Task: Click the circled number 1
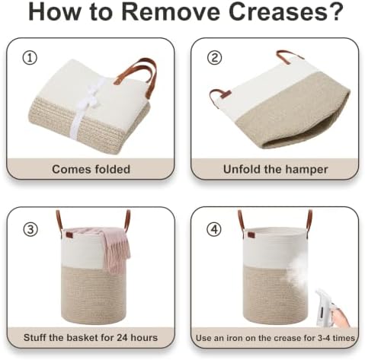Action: pos(30,58)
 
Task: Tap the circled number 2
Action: pos(215,58)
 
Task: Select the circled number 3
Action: pos(30,230)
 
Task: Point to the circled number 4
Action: pos(215,229)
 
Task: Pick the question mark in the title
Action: pos(337,11)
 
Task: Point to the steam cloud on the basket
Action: pos(296,276)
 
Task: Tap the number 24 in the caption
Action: pos(122,338)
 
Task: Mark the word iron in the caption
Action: pos(232,338)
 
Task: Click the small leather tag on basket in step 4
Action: pos(251,234)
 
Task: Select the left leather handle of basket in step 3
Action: pos(59,220)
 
